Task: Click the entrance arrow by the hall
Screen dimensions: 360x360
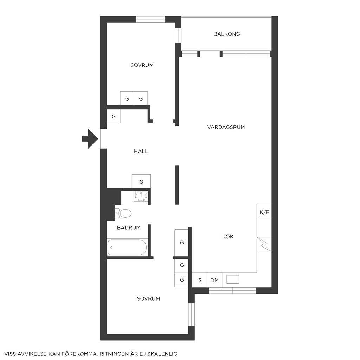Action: (x=90, y=139)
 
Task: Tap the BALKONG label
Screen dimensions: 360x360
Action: (x=227, y=34)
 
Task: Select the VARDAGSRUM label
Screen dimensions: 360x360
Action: (x=226, y=127)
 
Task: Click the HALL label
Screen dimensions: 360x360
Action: (x=141, y=151)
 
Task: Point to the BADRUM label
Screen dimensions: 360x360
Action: (x=129, y=227)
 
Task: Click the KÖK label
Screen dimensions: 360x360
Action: (x=228, y=237)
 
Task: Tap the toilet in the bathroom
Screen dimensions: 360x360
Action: (x=123, y=213)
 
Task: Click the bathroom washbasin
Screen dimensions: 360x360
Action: (x=141, y=196)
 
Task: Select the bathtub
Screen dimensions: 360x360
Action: (x=127, y=247)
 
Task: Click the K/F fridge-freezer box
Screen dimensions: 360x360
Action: (x=264, y=211)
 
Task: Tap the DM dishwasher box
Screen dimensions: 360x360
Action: (x=215, y=280)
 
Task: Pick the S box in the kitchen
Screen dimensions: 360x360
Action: (x=200, y=280)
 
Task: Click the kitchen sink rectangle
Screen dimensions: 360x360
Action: (x=233, y=279)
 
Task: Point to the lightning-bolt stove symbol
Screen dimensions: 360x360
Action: (x=264, y=244)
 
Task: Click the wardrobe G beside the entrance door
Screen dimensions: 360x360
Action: (x=114, y=116)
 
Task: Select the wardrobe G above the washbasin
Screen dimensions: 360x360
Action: (x=141, y=181)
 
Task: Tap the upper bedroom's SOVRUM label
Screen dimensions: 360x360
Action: (x=142, y=65)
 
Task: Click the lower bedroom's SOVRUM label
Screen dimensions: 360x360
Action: (x=148, y=298)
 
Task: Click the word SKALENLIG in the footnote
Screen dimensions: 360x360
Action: (x=162, y=354)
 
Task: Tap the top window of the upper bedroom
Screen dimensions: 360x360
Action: (x=151, y=19)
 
